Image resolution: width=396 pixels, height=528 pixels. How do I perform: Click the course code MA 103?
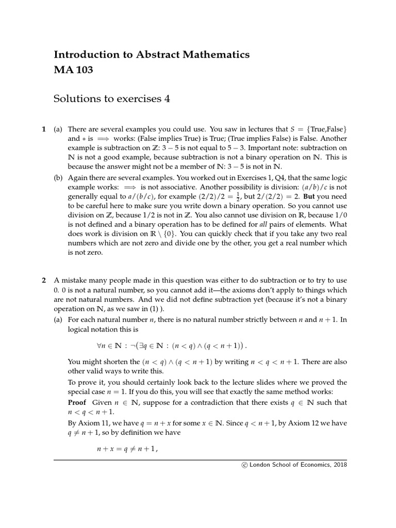pyautogui.click(x=73, y=70)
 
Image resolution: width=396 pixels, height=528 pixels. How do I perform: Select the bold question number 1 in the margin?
pyautogui.click(x=44, y=129)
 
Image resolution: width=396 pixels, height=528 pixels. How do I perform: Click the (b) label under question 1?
pyautogui.click(x=58, y=179)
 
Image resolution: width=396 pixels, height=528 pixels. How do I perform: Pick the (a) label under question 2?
pyautogui.click(x=58, y=320)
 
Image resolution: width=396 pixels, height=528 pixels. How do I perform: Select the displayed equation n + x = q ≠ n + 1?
pyautogui.click(x=127, y=450)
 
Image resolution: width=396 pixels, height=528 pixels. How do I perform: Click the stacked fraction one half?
pyautogui.click(x=238, y=198)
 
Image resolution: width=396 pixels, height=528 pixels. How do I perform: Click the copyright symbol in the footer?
pyautogui.click(x=244, y=465)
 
